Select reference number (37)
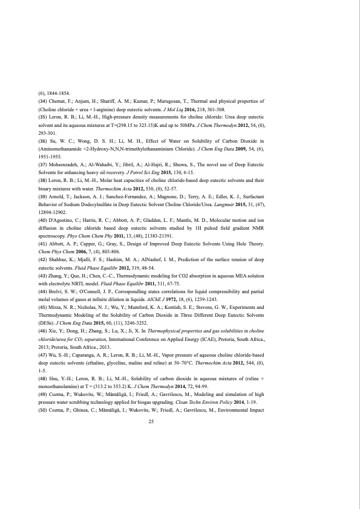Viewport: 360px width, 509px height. pyautogui.click(x=43, y=164)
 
